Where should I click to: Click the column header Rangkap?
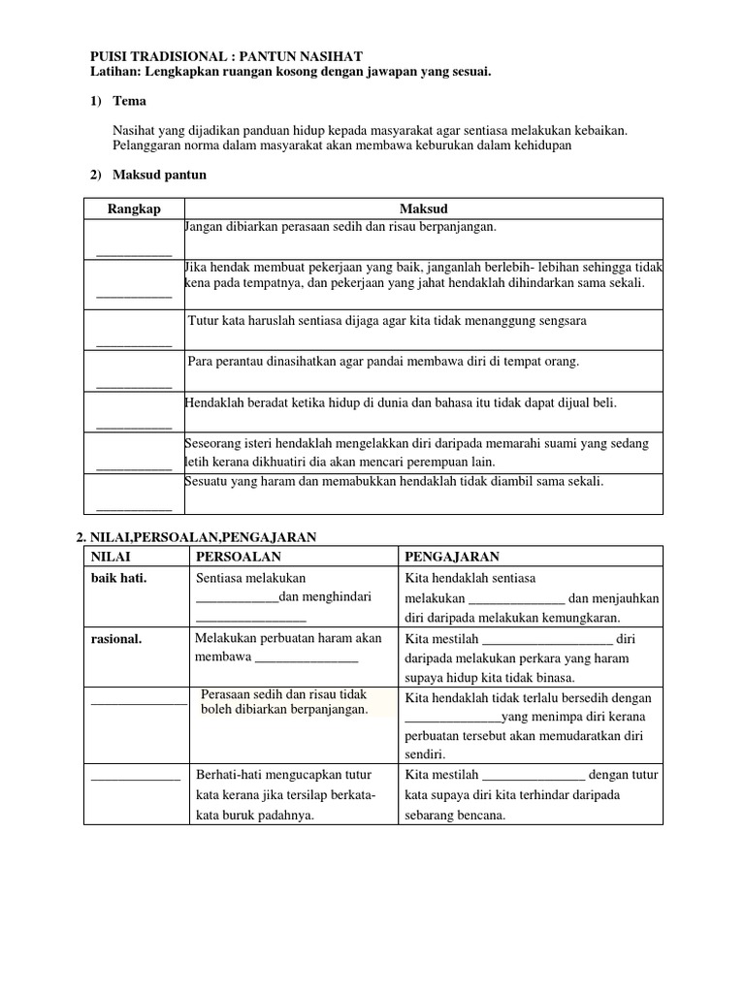coord(134,208)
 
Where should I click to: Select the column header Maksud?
coord(424,208)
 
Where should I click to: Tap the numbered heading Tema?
coord(129,101)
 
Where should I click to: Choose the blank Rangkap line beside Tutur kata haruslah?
coord(134,343)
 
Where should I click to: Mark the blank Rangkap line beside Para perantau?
coord(134,385)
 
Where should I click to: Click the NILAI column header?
coord(111,557)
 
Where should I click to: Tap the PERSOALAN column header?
coord(239,557)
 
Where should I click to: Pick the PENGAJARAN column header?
coord(452,557)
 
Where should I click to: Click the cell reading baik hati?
coord(117,579)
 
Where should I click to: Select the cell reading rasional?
coord(116,639)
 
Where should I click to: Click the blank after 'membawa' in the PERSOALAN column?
coord(306,659)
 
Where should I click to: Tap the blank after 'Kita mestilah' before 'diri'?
coord(547,640)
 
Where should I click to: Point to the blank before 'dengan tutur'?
coord(534,776)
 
